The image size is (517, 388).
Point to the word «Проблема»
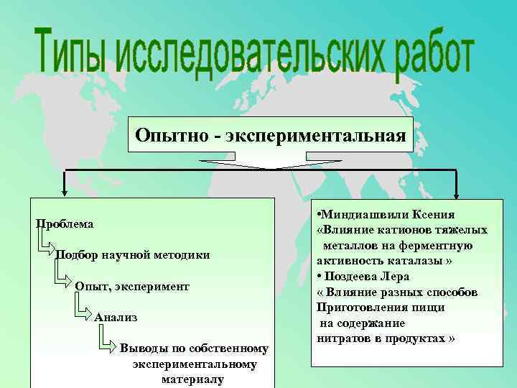click(x=65, y=224)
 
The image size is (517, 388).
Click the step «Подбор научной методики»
click(x=133, y=255)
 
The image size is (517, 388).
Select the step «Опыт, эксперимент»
click(x=132, y=286)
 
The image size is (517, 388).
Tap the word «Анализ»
click(x=116, y=317)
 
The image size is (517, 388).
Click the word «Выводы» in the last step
click(x=142, y=348)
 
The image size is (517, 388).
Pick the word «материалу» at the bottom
click(x=193, y=379)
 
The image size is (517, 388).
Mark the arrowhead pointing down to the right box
click(x=456, y=193)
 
